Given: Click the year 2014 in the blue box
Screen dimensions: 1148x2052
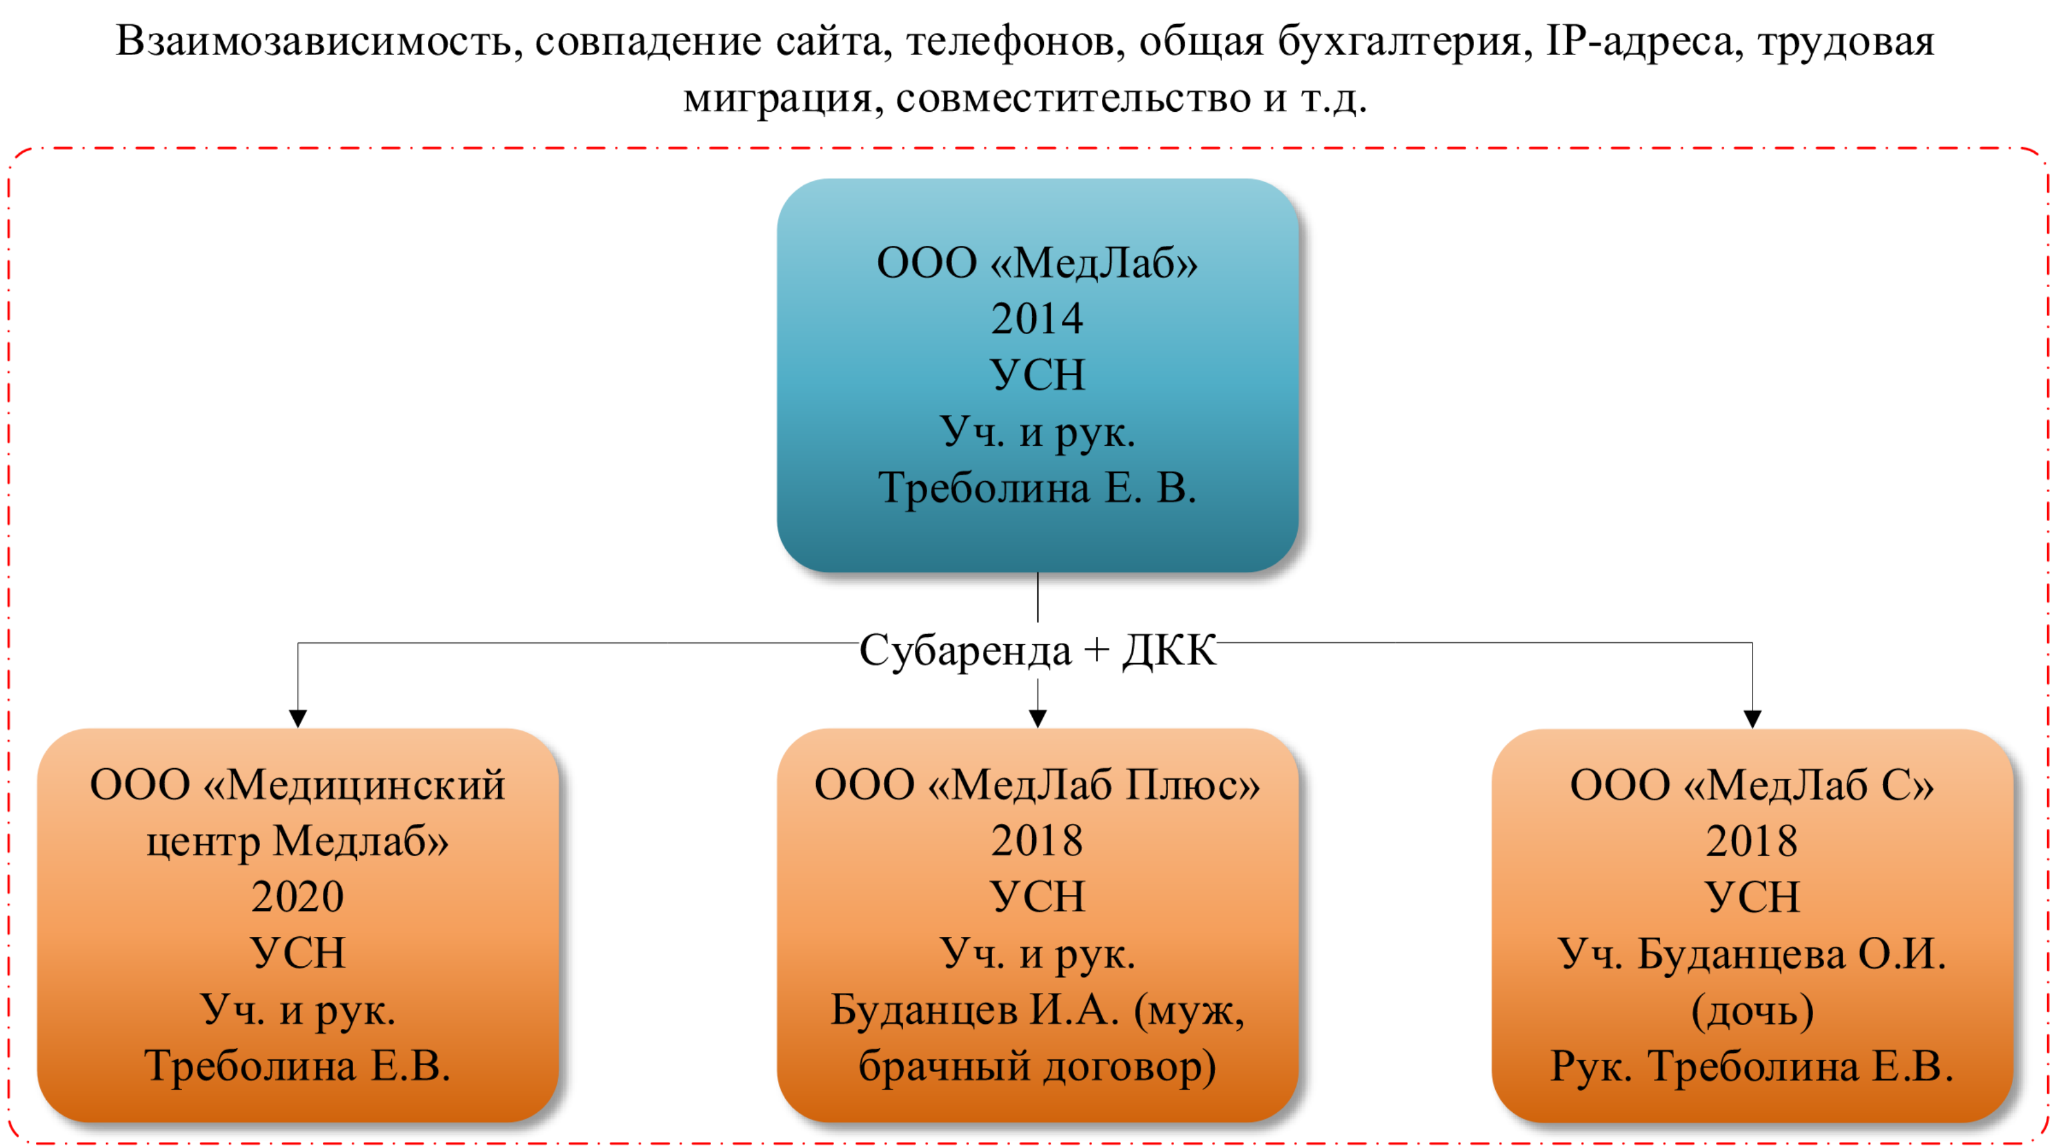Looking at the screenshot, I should pyautogui.click(x=1036, y=319).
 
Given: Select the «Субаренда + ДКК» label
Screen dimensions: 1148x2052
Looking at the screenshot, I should pyautogui.click(x=1037, y=650).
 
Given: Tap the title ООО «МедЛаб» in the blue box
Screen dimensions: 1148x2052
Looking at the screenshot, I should pyautogui.click(x=1036, y=263).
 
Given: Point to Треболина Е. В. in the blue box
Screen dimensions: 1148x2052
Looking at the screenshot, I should pyautogui.click(x=1036, y=488).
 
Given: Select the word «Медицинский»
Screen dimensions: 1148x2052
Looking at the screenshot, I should pyautogui.click(x=367, y=785).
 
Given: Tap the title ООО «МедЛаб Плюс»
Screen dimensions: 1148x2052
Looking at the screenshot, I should pyautogui.click(x=1036, y=785).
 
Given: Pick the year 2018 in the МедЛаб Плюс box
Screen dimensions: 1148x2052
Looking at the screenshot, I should pyautogui.click(x=1036, y=840).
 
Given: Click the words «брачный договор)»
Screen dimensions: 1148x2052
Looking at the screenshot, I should pyautogui.click(x=1036, y=1065).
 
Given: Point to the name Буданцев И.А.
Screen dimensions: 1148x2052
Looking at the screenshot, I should pyautogui.click(x=974, y=1010).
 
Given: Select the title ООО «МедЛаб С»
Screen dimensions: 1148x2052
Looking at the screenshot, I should pyautogui.click(x=1752, y=785).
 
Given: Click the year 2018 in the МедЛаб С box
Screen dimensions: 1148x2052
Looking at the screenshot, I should pyautogui.click(x=1752, y=840).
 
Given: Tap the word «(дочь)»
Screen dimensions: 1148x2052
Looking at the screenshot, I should pyautogui.click(x=1752, y=1010).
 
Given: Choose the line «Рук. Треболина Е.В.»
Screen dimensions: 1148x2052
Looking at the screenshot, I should pyautogui.click(x=1752, y=1065).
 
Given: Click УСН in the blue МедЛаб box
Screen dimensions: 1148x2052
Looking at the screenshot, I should pyautogui.click(x=1036, y=375).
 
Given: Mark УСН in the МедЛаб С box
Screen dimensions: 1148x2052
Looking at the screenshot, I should pyautogui.click(x=1752, y=897).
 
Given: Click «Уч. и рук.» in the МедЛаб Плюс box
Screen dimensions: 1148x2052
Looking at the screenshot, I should pyautogui.click(x=1036, y=953).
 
